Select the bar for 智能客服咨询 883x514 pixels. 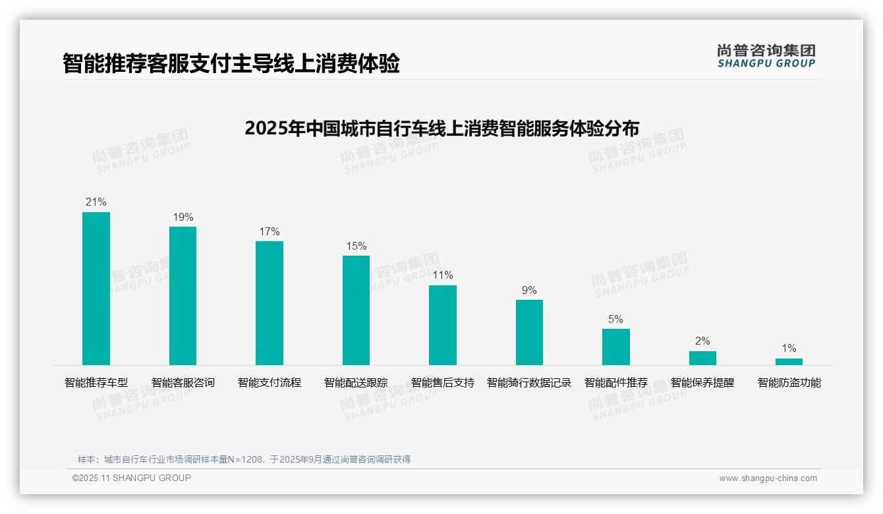pos(183,296)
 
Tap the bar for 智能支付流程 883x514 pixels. pos(270,303)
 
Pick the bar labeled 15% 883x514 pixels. pos(356,310)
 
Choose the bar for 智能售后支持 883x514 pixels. pos(443,325)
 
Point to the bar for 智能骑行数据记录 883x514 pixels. pos(529,332)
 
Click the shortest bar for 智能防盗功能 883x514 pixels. pos(789,362)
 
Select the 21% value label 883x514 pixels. pos(96,202)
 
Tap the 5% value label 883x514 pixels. pos(615,319)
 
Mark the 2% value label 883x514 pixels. pos(702,341)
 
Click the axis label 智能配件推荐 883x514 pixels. pos(615,382)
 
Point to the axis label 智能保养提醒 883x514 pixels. pos(702,382)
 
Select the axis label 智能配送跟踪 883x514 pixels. pos(356,382)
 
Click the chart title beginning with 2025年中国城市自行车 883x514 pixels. pos(441,128)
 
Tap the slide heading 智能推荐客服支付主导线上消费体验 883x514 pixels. pos(231,64)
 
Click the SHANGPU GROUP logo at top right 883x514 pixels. pos(766,56)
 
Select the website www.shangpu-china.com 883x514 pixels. pos(768,478)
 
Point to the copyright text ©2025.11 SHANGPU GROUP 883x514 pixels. pos(132,478)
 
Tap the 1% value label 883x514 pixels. pos(789,348)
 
